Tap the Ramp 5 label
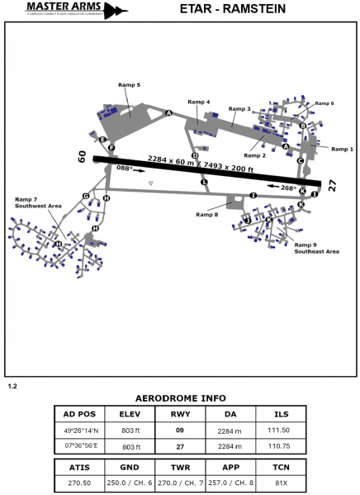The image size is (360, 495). [x=130, y=85]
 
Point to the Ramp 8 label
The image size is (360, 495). [x=207, y=215]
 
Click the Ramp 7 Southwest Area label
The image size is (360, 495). [x=38, y=202]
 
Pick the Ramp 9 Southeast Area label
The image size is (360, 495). [x=316, y=248]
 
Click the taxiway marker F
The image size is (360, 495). [x=111, y=148]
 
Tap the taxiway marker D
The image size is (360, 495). [x=195, y=155]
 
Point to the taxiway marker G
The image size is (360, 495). [x=86, y=196]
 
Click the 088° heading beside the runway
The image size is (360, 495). [x=124, y=168]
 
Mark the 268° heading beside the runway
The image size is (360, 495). [x=288, y=188]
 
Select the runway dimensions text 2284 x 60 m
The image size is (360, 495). [x=171, y=160]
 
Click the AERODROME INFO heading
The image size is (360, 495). [x=179, y=396]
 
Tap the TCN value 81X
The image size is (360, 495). [x=281, y=482]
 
